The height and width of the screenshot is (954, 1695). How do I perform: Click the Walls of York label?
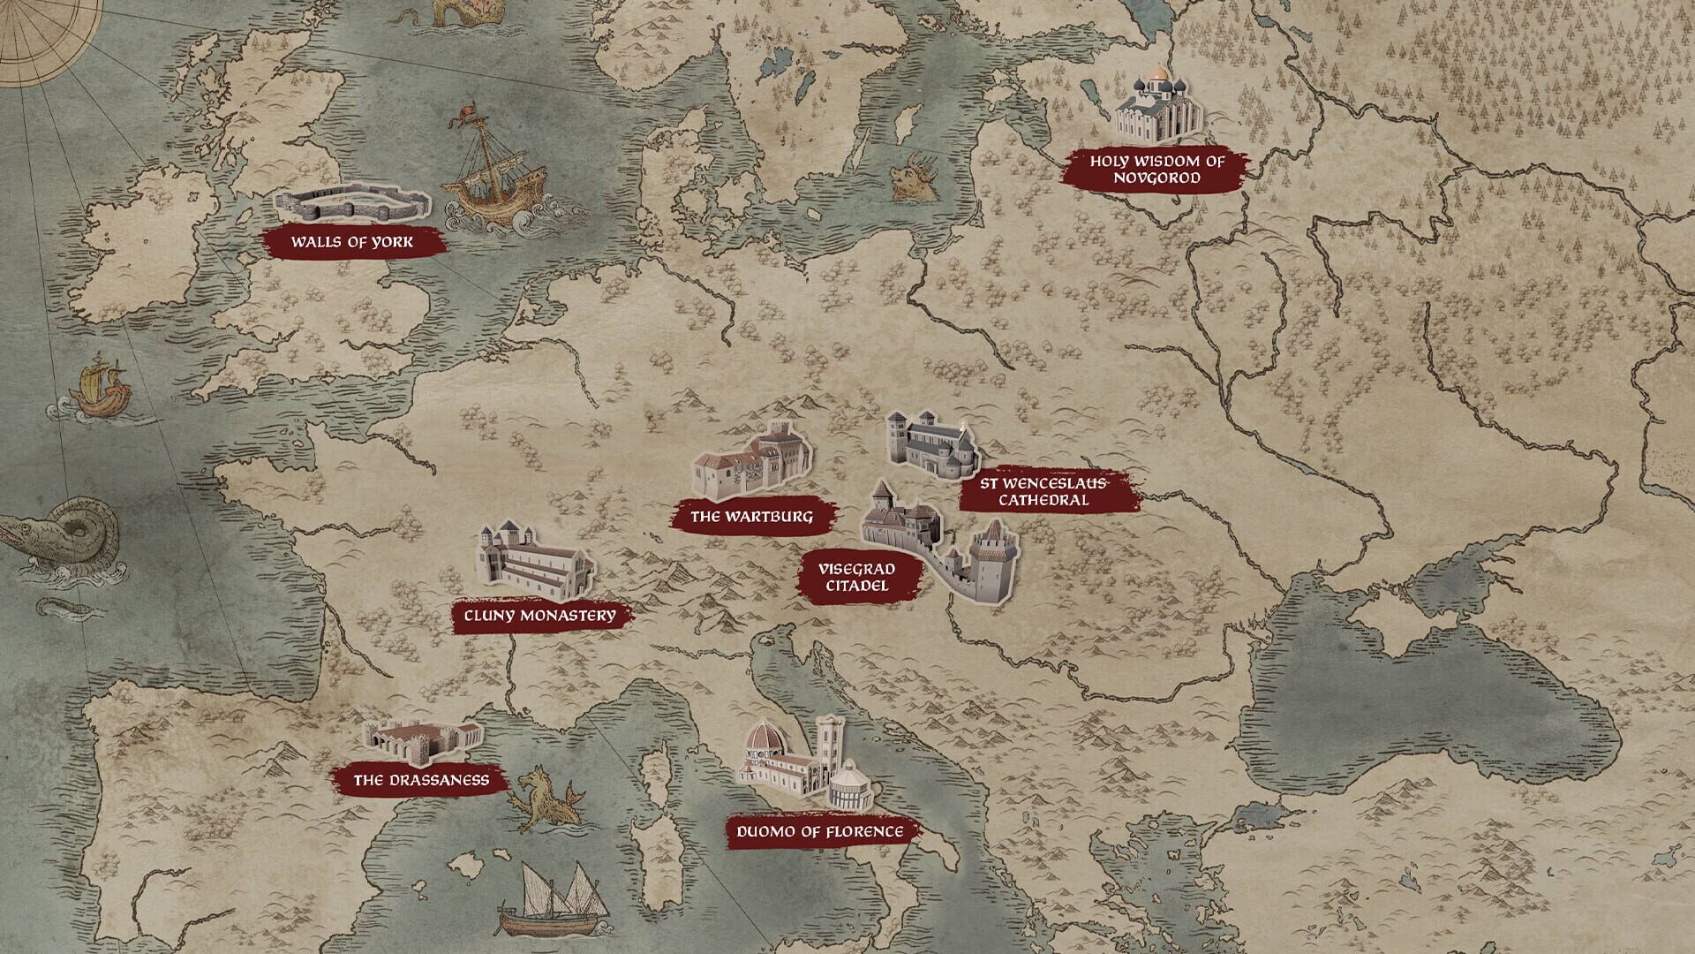tap(352, 242)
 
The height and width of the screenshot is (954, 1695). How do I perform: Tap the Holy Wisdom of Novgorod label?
tap(1156, 170)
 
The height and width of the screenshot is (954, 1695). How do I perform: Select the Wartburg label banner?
tap(751, 517)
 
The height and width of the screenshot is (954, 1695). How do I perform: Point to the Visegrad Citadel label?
tap(855, 578)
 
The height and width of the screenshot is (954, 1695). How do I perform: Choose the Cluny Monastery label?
tap(539, 616)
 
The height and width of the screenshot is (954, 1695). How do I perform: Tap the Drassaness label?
tap(421, 781)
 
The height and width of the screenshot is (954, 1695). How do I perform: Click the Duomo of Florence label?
tap(820, 832)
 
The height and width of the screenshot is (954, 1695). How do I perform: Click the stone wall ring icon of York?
tap(353, 203)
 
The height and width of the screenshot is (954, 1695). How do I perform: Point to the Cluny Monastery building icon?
tap(534, 561)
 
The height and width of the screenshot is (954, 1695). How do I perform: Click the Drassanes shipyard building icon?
tap(422, 742)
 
